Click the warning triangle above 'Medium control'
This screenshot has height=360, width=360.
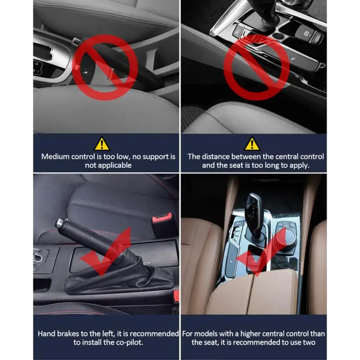click(102, 144)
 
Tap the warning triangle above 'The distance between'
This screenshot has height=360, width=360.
click(252, 144)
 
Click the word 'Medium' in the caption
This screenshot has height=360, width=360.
click(55, 157)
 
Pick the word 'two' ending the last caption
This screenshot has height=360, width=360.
click(309, 342)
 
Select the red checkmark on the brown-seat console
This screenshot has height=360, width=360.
click(262, 253)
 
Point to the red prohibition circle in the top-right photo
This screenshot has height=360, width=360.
click(256, 67)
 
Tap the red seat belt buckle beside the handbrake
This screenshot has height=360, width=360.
click(162, 220)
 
